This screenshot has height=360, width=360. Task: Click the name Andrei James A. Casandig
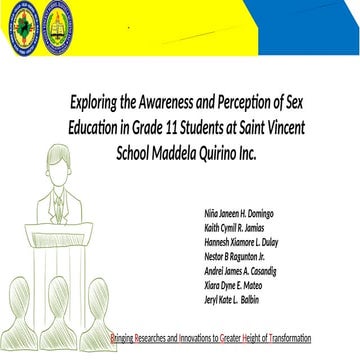coord(240,271)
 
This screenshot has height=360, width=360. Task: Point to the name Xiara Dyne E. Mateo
coord(233,285)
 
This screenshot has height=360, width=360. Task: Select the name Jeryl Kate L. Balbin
coord(231,300)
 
